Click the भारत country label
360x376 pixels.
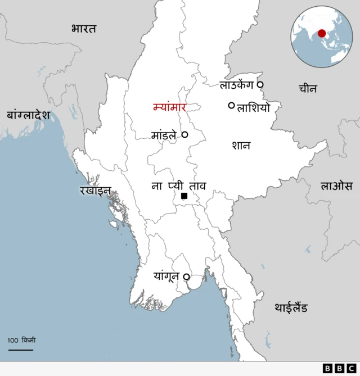click(84, 29)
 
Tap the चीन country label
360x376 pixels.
click(308, 88)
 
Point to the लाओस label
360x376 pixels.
click(336, 185)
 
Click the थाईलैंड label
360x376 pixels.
click(291, 307)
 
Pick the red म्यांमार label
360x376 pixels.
click(169, 107)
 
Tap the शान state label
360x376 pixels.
click(241, 146)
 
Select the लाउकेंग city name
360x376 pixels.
click(236, 85)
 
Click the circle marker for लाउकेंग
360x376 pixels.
click(260, 85)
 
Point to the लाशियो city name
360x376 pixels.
click(254, 107)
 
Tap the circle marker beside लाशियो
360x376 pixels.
click(231, 105)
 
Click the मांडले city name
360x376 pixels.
click(164, 135)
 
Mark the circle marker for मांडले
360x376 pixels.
click(184, 135)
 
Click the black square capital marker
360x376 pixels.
click(184, 196)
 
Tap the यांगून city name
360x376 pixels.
click(167, 276)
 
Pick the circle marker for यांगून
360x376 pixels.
click(186, 277)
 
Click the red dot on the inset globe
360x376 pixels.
click(321, 33)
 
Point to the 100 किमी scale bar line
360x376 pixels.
click(20, 350)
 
